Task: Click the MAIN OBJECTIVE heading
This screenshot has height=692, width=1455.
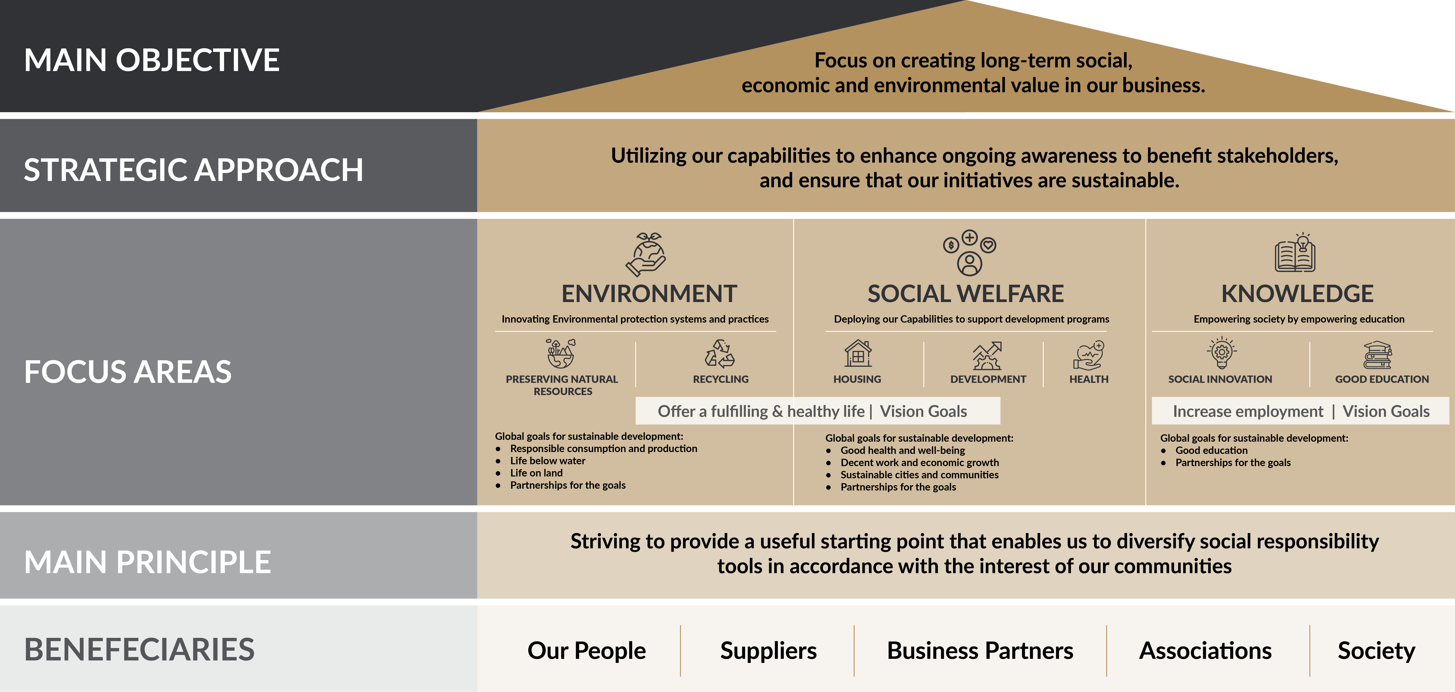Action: pos(151,60)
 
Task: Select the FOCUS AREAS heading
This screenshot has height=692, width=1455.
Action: pos(128,372)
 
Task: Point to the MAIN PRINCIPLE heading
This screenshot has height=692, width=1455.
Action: pos(148,562)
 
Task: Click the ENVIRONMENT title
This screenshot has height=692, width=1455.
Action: pos(649,294)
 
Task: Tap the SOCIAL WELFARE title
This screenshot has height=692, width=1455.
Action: pos(965,294)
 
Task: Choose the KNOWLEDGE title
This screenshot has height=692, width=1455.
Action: pos(1297,294)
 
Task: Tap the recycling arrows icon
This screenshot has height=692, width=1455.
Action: pos(720,354)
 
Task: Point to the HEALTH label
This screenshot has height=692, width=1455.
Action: pos(1088,379)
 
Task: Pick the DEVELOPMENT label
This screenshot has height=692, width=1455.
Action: pos(988,379)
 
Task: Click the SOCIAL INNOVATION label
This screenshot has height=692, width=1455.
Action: pos(1220,379)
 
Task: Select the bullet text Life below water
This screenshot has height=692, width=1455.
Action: pos(547,460)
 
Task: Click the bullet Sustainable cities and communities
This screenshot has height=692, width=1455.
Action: pos(919,474)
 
